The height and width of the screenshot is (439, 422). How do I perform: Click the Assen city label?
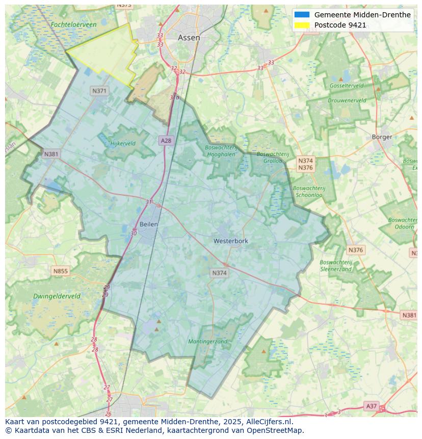189,38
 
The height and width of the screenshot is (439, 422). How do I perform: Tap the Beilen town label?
149,224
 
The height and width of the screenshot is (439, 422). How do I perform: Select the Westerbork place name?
231,241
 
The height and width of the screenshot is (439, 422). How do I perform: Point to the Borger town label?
382,137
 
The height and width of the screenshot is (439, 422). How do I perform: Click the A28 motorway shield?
166,140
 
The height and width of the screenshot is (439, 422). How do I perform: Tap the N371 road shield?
99,91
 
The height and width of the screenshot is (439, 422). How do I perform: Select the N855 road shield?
60,271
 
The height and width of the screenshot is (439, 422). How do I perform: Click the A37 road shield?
372,406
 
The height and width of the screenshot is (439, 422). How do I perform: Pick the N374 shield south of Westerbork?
219,273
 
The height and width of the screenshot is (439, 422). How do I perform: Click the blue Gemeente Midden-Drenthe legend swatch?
302,15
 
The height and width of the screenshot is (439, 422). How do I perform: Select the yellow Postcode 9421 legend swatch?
302,25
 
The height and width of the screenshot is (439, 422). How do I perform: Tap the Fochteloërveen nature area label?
73,24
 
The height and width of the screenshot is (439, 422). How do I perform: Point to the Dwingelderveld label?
57,296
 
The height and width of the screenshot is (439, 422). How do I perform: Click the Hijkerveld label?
123,144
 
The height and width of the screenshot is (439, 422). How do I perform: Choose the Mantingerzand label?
207,342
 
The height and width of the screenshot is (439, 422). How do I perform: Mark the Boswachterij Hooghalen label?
221,151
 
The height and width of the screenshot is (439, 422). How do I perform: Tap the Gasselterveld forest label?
347,86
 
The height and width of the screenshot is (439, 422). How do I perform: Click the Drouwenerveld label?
347,100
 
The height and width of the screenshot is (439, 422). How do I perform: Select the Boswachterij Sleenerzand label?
335,266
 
